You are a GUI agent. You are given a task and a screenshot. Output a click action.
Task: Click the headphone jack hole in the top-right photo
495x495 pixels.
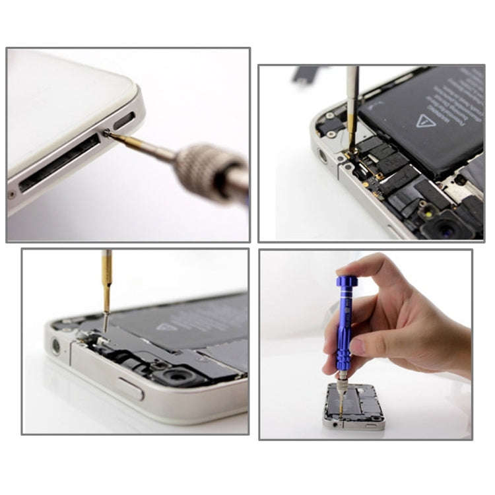(x=323, y=156)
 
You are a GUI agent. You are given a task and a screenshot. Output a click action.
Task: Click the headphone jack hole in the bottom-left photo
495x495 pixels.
(x=56, y=345)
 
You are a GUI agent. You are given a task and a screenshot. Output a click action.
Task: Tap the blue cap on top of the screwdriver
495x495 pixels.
(x=346, y=280)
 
